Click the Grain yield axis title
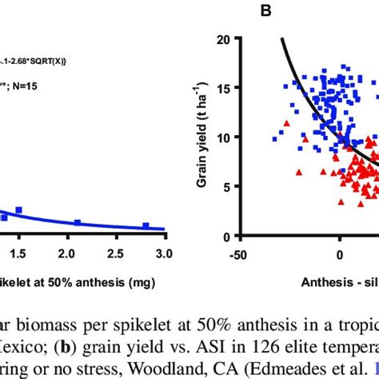click(x=226, y=137)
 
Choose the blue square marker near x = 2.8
click(x=146, y=226)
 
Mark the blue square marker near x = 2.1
click(x=78, y=223)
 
